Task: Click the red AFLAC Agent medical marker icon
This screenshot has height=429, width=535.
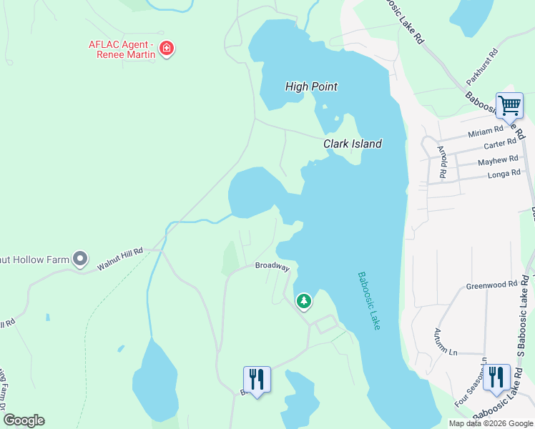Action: (167, 49)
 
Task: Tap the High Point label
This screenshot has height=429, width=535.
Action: (311, 87)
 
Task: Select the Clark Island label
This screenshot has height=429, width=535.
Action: (352, 144)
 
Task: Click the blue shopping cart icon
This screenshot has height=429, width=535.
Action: (509, 107)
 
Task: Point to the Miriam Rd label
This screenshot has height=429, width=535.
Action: (486, 134)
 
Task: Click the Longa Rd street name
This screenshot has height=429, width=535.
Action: (504, 174)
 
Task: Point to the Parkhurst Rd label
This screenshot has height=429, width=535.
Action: (491, 64)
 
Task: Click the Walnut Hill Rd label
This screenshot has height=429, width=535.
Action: (120, 259)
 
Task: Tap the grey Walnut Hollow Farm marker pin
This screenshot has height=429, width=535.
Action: (80, 258)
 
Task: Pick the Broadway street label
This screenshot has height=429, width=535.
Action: (273, 266)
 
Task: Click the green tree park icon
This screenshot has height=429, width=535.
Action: (304, 301)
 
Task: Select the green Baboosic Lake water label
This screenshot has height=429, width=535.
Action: (370, 300)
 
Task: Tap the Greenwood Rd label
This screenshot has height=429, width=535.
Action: (491, 285)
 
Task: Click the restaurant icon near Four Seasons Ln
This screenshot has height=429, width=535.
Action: (496, 377)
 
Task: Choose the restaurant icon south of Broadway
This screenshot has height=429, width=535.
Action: (257, 378)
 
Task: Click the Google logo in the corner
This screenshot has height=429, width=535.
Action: (24, 420)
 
